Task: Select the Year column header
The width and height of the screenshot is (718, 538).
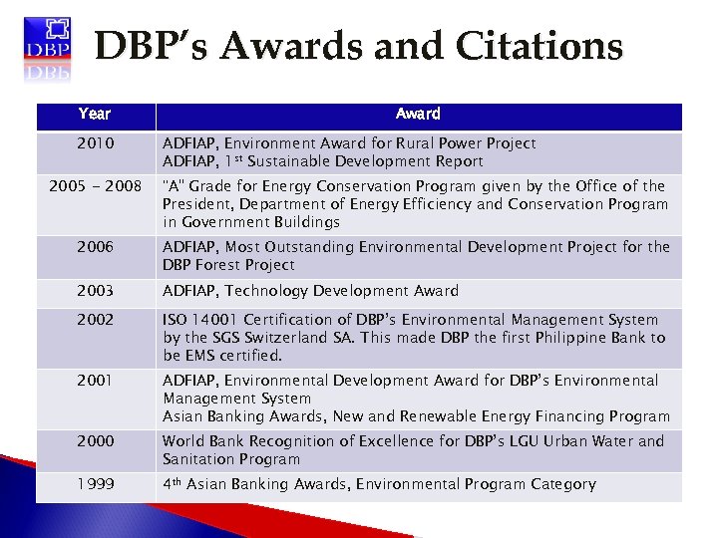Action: [x=94, y=115]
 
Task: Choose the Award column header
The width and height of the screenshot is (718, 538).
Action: [x=418, y=115]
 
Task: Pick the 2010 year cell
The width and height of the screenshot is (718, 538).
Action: [x=94, y=143]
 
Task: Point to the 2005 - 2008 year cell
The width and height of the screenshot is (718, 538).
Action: [x=94, y=186]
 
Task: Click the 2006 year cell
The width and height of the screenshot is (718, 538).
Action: [x=94, y=247]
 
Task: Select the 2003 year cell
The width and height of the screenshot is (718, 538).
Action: [x=94, y=291]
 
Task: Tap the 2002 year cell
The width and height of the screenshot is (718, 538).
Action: [x=94, y=320]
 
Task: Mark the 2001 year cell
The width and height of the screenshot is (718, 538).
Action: [x=94, y=381]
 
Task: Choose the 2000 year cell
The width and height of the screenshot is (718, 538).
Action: [x=94, y=441]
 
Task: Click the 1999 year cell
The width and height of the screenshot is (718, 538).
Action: [x=94, y=484]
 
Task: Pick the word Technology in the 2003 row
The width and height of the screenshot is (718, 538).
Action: [x=275, y=291]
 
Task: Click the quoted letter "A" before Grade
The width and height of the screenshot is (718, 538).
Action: [x=173, y=186]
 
